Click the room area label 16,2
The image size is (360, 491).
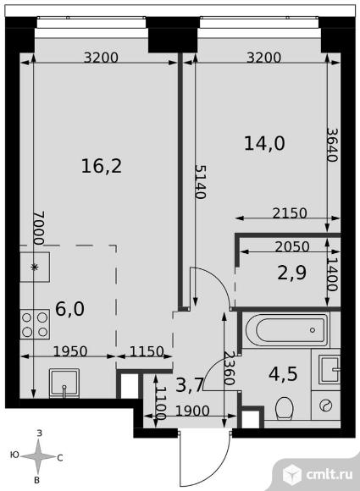point(102,166)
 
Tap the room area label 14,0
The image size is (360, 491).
point(264,143)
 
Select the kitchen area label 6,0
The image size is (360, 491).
point(69,309)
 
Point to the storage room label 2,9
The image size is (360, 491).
point(292,273)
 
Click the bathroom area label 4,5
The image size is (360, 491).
point(283,373)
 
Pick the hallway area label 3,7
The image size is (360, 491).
point(190,385)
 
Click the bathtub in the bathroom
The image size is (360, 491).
point(286,330)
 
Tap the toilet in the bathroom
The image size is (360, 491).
point(284,408)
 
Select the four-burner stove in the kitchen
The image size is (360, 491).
point(35,323)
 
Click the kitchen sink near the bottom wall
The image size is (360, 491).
point(64,383)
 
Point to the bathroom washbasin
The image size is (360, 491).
point(329,369)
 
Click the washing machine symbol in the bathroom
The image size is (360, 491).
point(326,405)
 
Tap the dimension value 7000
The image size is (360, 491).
point(39,228)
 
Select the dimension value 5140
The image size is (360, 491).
point(201,182)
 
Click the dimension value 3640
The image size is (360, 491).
point(333,145)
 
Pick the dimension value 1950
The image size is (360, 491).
point(70,351)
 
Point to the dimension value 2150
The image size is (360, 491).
point(290,213)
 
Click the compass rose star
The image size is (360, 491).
point(38,456)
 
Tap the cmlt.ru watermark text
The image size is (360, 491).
point(329,474)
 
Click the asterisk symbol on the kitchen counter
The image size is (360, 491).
point(35,267)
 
